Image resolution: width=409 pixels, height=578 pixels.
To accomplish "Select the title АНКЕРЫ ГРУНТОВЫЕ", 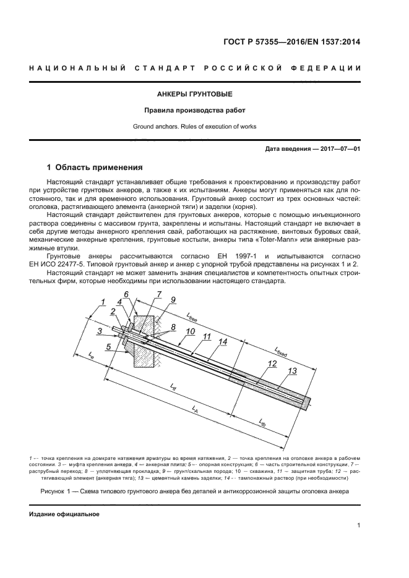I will pyautogui.click(x=194, y=95).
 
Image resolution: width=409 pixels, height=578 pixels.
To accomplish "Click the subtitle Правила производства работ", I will pyautogui.click(x=194, y=111).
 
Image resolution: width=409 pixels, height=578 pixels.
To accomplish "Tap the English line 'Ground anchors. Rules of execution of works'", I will pyautogui.click(x=194, y=127).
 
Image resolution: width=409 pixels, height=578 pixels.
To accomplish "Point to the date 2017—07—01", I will pyautogui.click(x=338, y=149).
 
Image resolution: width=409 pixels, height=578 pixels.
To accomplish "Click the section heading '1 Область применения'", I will pyautogui.click(x=95, y=168).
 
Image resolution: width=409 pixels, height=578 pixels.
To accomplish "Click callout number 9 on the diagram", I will pyautogui.click(x=174, y=299).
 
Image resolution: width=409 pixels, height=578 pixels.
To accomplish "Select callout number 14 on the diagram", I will pyautogui.click(x=223, y=341).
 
